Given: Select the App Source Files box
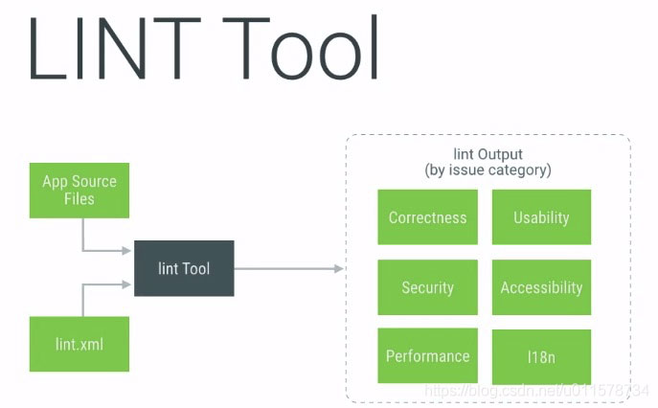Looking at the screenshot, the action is [79, 191].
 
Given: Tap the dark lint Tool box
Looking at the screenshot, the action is [184, 268].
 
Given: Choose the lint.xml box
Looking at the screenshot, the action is [79, 344].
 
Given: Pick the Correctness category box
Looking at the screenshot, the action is [427, 217].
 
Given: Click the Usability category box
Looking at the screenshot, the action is [542, 217].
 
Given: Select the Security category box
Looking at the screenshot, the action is [427, 287].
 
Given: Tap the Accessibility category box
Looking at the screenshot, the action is [542, 287].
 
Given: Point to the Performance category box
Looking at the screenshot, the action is [427, 355].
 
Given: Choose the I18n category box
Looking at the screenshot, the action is [542, 357].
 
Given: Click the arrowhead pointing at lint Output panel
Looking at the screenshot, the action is [339, 268].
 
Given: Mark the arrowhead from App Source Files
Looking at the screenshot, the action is [126, 251].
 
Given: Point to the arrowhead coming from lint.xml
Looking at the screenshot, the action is [126, 284].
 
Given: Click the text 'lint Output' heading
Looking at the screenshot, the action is [488, 154].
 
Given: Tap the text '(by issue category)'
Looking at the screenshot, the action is [488, 170].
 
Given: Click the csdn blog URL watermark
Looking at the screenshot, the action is [536, 391].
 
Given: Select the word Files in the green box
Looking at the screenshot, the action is [79, 198].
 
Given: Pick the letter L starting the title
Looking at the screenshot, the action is [47, 48].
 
